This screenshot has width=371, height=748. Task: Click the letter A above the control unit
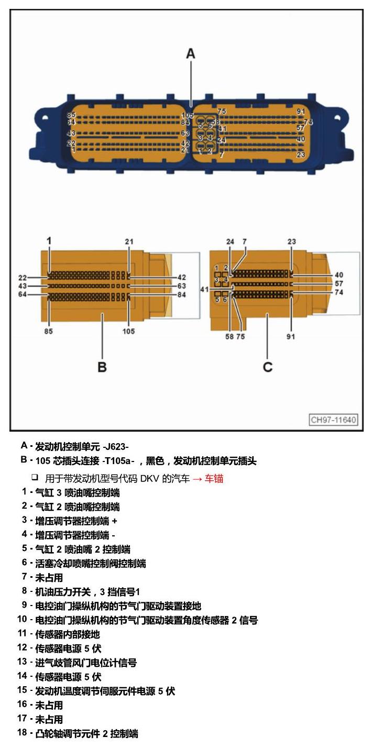[190, 54]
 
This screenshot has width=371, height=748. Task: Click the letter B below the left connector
[102, 367]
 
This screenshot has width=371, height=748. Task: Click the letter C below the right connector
[268, 367]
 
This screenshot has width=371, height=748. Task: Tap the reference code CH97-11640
[333, 420]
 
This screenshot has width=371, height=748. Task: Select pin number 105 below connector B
[128, 331]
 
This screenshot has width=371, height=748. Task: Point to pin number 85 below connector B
[48, 331]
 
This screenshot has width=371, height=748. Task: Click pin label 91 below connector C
[290, 337]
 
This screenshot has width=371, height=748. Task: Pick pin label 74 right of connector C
[339, 292]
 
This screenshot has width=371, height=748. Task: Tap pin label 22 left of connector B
[23, 278]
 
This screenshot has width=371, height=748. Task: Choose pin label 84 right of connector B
[182, 295]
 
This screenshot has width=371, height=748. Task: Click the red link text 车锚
[214, 479]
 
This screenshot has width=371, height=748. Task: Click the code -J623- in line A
[116, 446]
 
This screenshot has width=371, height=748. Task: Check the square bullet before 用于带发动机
[35, 477]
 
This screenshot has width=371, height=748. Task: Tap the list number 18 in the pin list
[22, 732]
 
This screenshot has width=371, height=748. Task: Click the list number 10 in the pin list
[22, 619]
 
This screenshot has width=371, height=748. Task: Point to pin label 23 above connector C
[291, 241]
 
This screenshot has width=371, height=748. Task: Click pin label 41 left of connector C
[204, 290]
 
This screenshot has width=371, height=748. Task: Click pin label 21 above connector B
[129, 241]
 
